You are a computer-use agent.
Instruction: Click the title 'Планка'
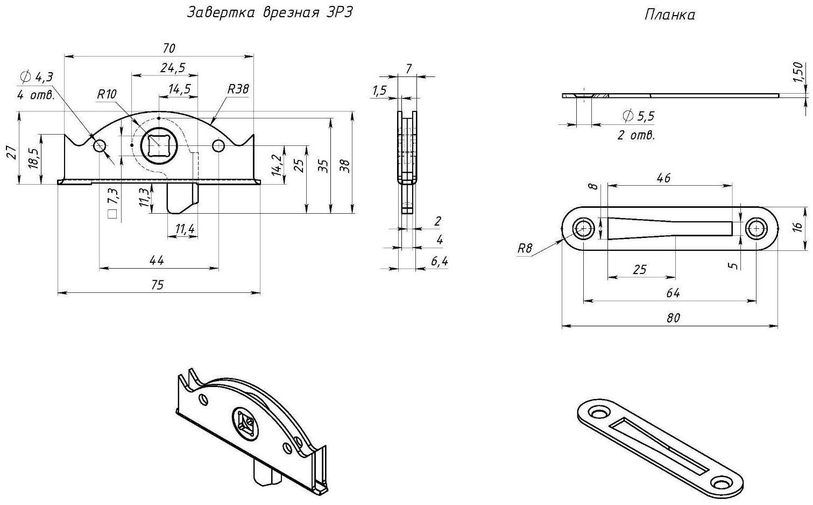[669, 15]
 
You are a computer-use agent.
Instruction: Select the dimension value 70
[168, 48]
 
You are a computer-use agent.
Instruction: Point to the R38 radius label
[238, 89]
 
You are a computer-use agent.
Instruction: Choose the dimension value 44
[156, 261]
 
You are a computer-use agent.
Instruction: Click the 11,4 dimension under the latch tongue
[185, 230]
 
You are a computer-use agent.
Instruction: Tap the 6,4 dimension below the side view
[439, 262]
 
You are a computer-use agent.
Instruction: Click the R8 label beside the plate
[525, 249]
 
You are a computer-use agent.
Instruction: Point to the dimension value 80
[673, 318]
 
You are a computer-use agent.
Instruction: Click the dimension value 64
[673, 293]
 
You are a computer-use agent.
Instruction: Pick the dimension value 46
[663, 178]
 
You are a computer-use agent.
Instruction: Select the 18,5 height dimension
[33, 159]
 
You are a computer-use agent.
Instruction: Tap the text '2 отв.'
[636, 135]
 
